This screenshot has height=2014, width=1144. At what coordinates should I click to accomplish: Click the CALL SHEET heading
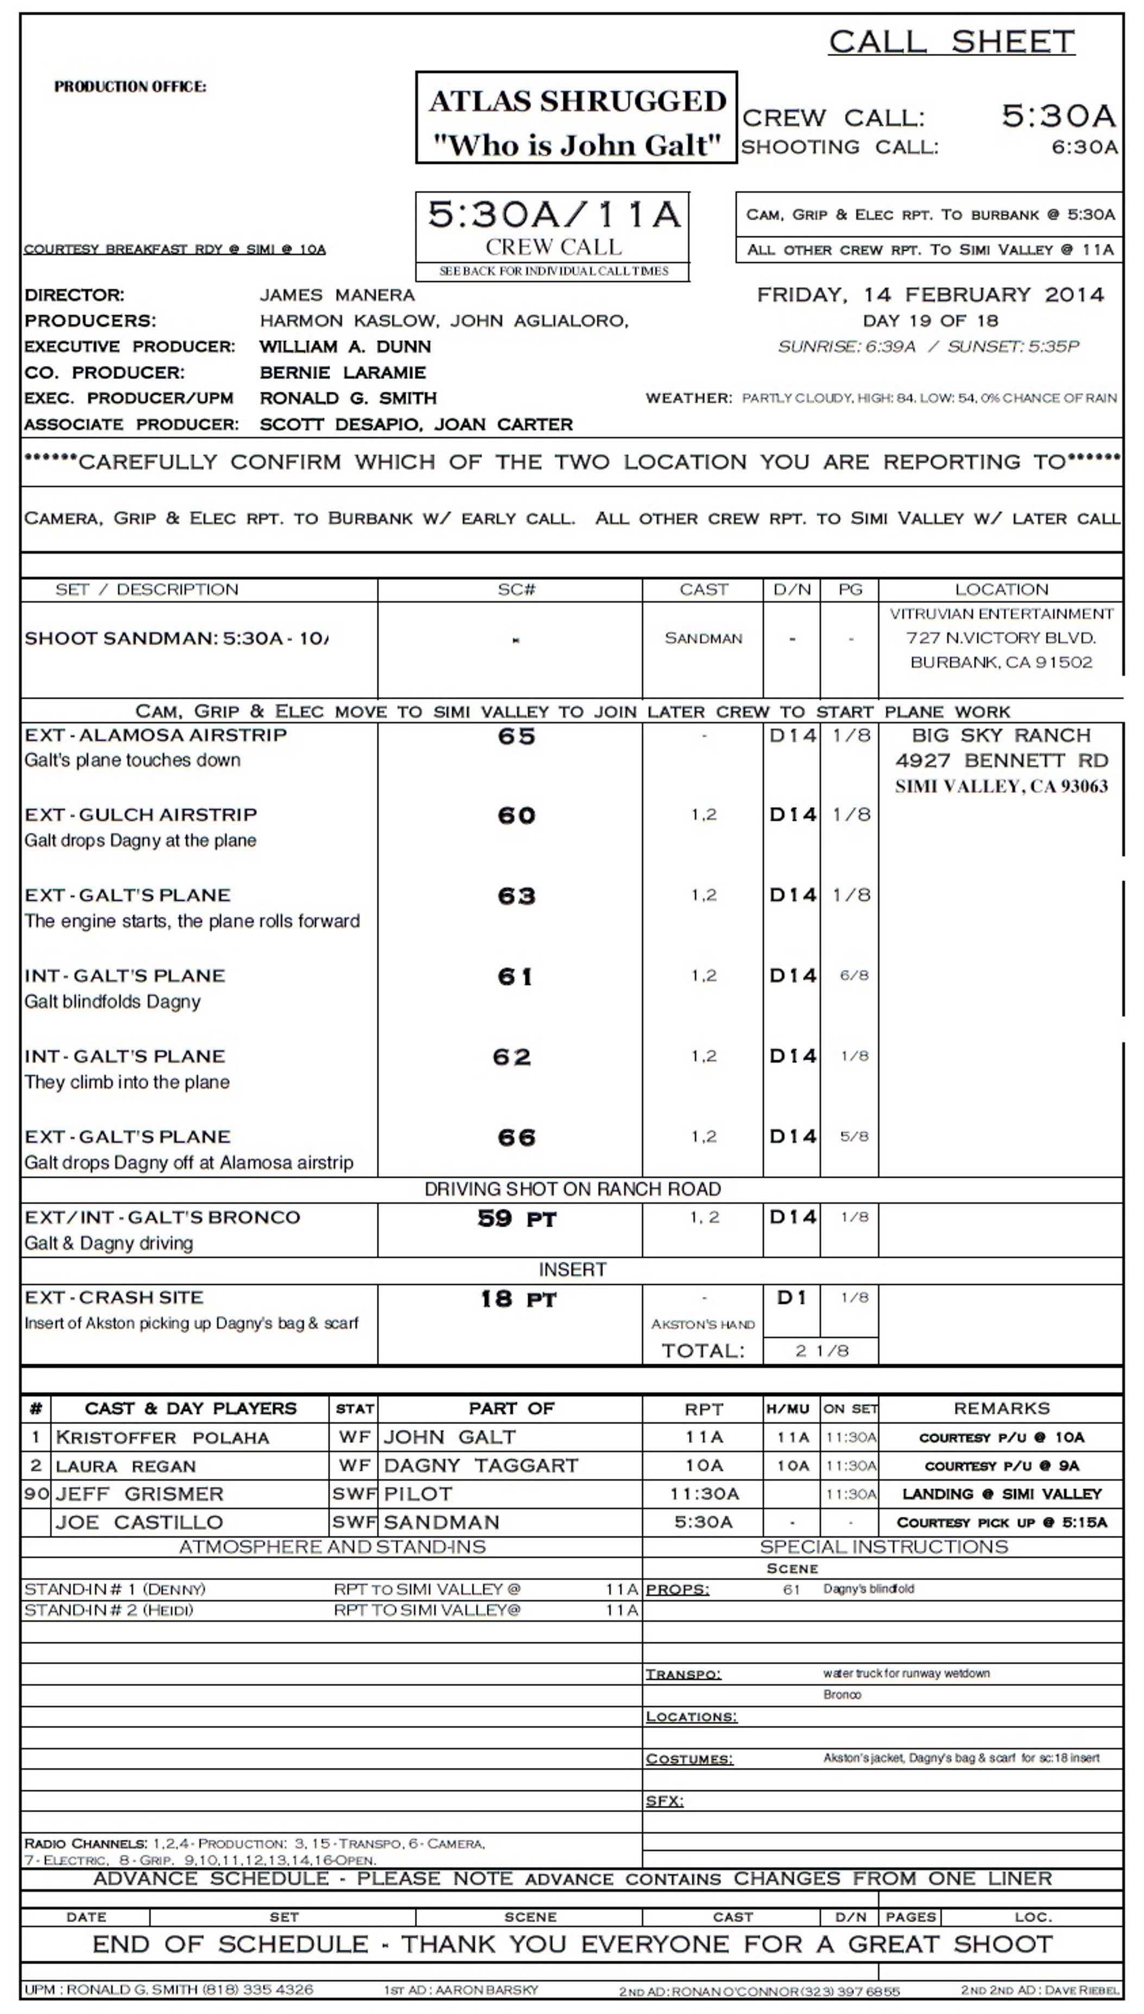[951, 42]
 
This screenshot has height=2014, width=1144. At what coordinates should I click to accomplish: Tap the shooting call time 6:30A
[1084, 147]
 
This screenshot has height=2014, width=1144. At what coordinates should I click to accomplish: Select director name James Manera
[337, 295]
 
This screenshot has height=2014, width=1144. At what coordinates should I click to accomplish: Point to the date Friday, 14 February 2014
[930, 295]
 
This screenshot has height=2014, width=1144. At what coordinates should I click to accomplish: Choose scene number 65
[516, 736]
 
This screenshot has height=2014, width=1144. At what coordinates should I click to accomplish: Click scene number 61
[515, 977]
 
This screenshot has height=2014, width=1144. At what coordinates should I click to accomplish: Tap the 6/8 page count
[854, 976]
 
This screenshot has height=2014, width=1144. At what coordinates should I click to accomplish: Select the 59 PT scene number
[516, 1218]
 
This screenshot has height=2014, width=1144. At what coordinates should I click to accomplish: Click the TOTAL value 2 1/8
[822, 1350]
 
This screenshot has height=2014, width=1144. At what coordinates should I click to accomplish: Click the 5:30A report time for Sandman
[703, 1522]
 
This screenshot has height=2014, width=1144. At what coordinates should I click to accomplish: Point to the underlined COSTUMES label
[688, 1759]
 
